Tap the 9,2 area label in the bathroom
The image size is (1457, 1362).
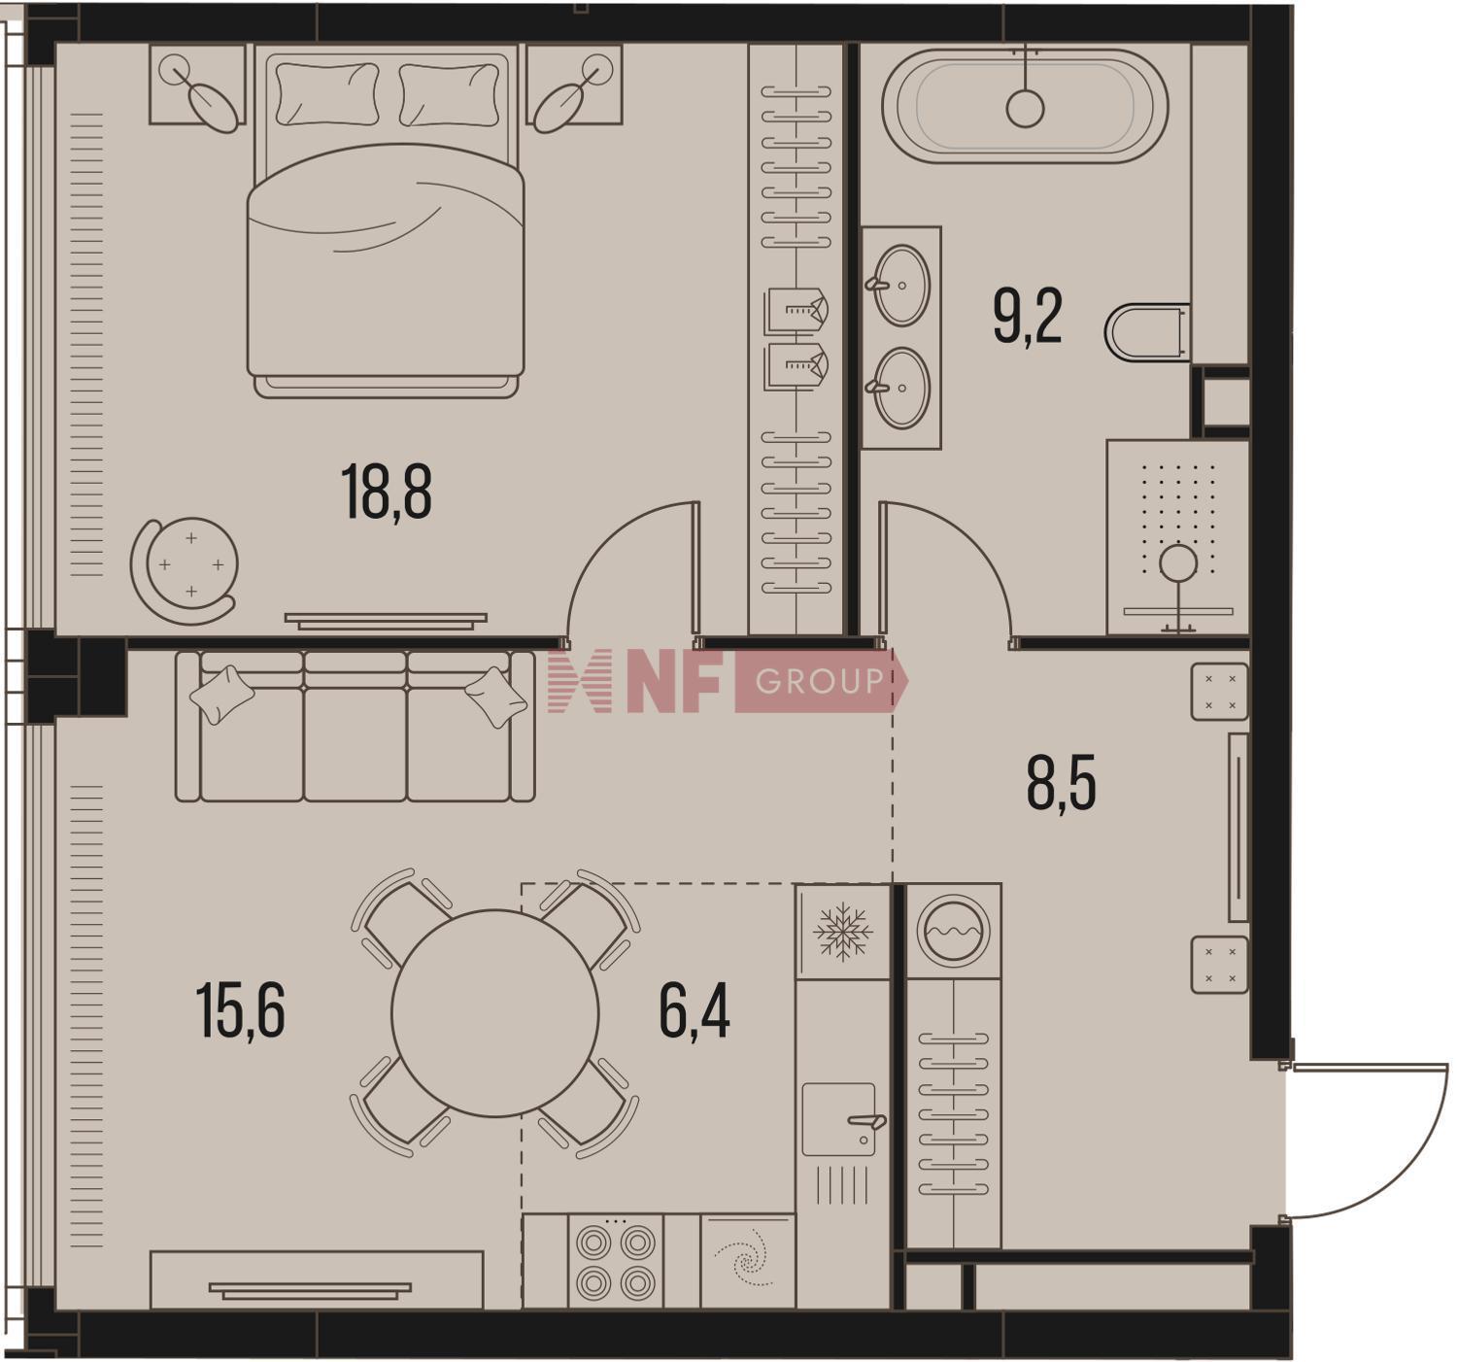1027,317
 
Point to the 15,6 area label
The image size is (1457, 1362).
241,1012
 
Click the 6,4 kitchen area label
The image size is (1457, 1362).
695,1012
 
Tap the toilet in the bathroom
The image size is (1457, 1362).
1147,332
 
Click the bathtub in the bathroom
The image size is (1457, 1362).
1025,106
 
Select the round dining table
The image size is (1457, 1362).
495,1013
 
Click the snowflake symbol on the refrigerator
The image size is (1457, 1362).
843,932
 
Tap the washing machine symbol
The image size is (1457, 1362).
953,932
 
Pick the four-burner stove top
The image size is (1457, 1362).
616,1262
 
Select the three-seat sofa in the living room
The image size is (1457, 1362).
356,726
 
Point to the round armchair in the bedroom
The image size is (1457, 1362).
185,569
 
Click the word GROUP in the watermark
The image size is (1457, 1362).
820,681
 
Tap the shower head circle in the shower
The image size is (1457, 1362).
1178,562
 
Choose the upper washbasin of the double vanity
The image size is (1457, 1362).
900,285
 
